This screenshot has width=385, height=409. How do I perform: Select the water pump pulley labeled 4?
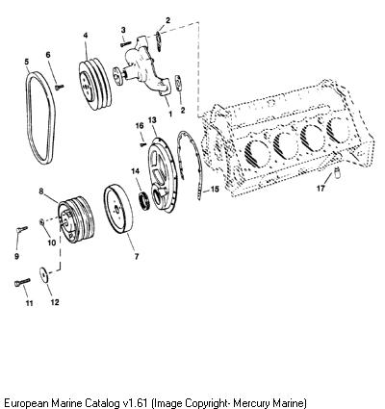[x=95, y=84]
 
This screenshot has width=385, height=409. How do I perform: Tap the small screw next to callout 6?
[x=60, y=87]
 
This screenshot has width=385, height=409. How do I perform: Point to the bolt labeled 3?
[x=126, y=43]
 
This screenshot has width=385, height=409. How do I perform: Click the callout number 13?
[x=152, y=120]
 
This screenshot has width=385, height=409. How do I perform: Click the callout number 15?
[x=215, y=190]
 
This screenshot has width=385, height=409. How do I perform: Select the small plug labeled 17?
[x=336, y=172]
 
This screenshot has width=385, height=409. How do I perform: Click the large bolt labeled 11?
[x=22, y=282]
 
